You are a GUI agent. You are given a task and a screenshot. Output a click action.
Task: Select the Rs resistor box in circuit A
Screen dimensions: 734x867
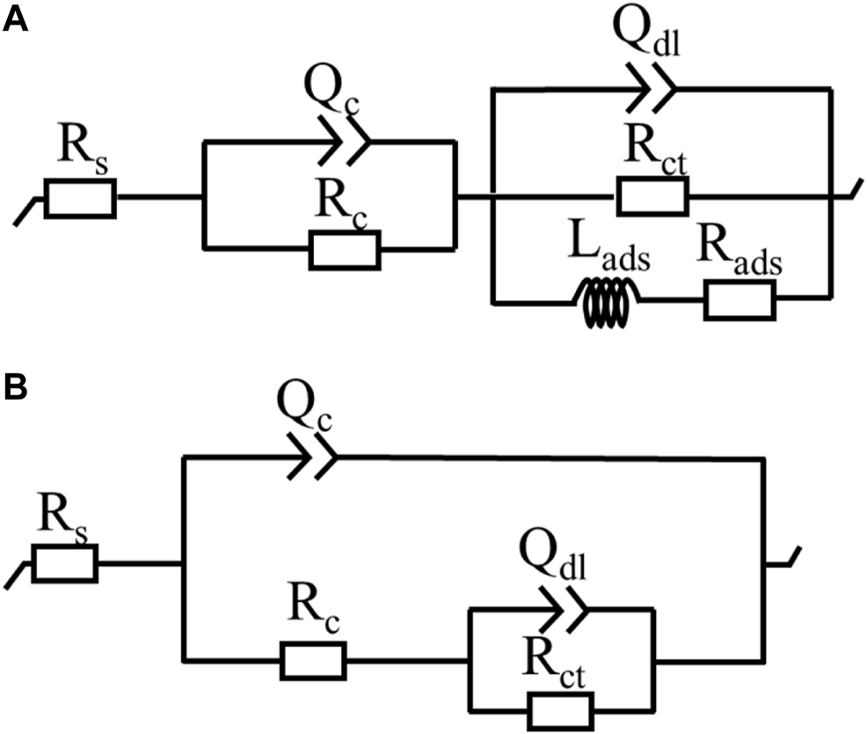point(79,200)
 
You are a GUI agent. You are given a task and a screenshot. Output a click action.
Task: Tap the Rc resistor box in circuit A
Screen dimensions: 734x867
point(345,249)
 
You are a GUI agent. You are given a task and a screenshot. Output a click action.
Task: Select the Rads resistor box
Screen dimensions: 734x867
point(739,304)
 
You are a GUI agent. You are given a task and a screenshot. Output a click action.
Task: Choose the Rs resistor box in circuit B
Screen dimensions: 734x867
point(65,564)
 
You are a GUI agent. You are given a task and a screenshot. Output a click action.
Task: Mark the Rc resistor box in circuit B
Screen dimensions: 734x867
point(313,660)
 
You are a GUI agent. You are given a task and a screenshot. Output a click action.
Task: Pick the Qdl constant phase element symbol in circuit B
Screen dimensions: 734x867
point(563,606)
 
